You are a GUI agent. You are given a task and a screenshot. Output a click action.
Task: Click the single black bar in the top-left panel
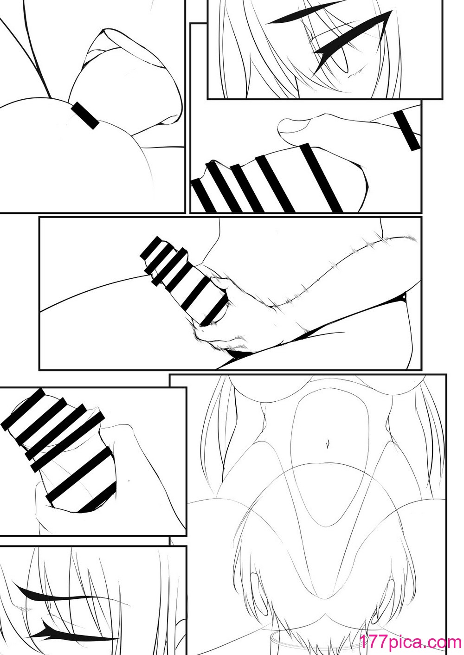click(x=85, y=116)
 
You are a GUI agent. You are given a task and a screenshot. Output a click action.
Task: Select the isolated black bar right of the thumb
click(x=407, y=131)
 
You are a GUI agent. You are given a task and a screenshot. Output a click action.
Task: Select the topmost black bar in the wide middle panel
click(x=151, y=248)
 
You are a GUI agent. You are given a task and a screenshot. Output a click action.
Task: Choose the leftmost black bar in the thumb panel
click(x=203, y=195)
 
